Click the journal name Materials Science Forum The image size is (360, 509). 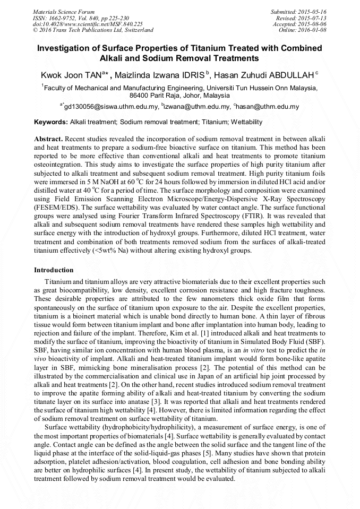[x=64, y=11]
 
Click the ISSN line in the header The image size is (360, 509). [x=81, y=18]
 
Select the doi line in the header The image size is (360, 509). [x=88, y=24]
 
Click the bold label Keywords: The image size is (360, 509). [x=51, y=122]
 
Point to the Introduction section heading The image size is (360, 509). [x=54, y=270]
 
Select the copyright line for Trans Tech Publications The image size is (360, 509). [x=93, y=30]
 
